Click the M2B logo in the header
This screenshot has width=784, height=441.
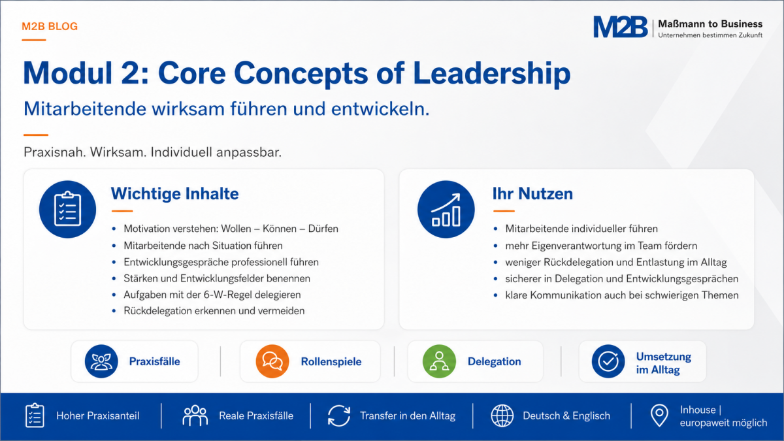click(x=620, y=27)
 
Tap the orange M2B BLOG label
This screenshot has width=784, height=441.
click(x=50, y=27)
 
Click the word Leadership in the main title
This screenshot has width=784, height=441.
click(x=492, y=74)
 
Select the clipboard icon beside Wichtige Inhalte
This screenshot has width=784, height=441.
click(x=67, y=209)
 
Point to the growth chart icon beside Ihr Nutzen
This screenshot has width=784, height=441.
click(x=446, y=209)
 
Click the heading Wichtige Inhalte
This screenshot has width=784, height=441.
click(x=174, y=193)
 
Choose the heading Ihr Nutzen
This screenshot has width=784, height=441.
click(x=532, y=193)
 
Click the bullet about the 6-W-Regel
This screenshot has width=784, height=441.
click(x=212, y=295)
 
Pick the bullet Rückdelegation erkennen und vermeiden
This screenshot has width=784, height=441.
click(x=214, y=311)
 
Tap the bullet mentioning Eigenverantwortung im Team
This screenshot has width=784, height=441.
click(x=601, y=246)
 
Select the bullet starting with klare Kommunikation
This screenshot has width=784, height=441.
click(x=621, y=295)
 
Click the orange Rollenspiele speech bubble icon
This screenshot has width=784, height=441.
click(x=272, y=361)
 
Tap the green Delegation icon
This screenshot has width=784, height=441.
click(x=439, y=361)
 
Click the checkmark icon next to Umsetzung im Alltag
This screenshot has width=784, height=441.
click(x=608, y=361)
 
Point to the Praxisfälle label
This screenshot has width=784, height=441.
click(x=155, y=361)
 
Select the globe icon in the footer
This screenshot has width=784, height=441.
click(x=502, y=416)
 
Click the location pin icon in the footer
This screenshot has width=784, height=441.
click(x=659, y=416)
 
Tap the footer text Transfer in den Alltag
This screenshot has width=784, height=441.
click(x=408, y=416)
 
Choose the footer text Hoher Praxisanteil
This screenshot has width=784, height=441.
click(x=98, y=416)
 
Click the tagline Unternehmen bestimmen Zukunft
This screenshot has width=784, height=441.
click(x=710, y=35)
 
